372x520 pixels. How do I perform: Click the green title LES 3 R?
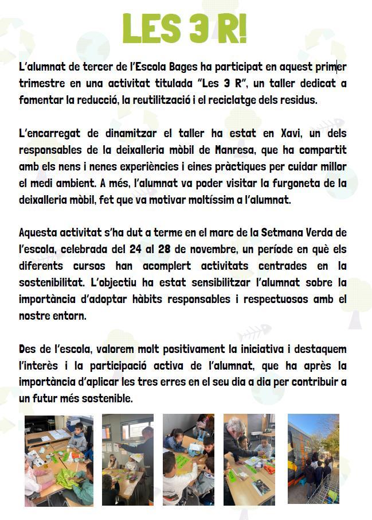coord(185,28)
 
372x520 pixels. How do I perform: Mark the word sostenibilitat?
coord(52,283)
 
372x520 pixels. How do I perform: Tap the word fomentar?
coord(41,100)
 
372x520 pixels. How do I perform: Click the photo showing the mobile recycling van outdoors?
coord(313,459)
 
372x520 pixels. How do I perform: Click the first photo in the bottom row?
coord(58,460)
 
